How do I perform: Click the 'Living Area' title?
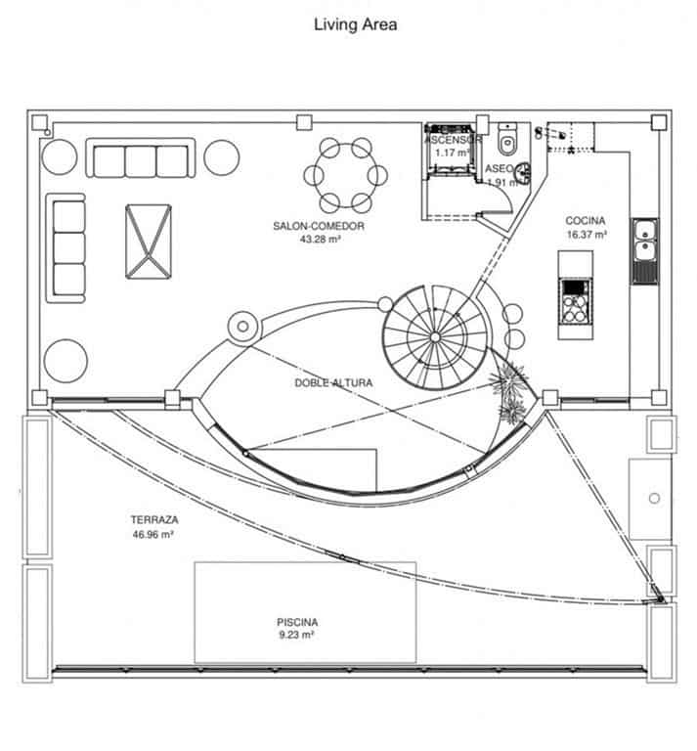click(x=355, y=24)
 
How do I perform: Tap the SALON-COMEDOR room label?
click(x=319, y=226)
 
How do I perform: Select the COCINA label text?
click(x=586, y=221)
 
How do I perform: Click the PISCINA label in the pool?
click(x=297, y=621)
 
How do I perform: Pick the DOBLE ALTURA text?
click(x=332, y=383)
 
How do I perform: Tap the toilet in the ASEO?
click(x=506, y=142)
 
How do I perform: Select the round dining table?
click(x=346, y=175)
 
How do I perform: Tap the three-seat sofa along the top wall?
click(x=142, y=159)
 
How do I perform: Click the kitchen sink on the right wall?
click(x=643, y=242)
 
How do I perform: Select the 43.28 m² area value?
click(x=320, y=238)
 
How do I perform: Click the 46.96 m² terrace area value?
click(x=152, y=535)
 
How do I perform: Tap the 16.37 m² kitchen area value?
click(x=586, y=235)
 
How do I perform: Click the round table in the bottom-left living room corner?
click(x=65, y=360)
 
